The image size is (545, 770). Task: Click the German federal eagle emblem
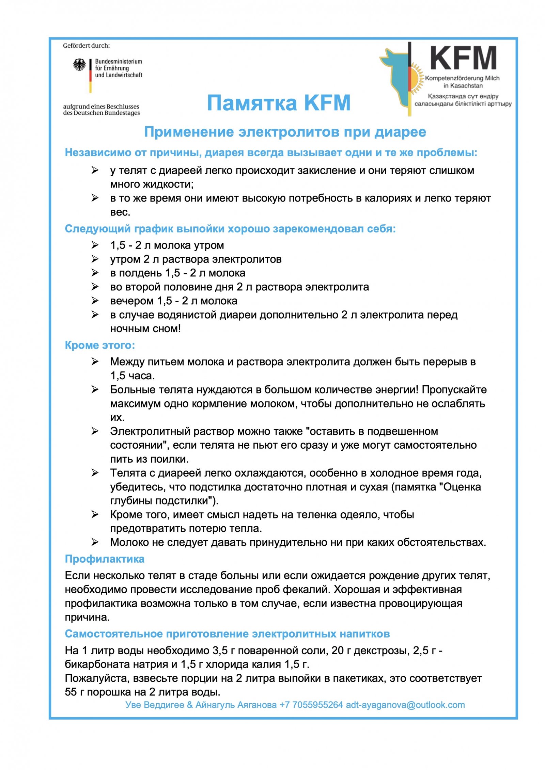pos(79,64)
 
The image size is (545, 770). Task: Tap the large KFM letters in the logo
pos(463,59)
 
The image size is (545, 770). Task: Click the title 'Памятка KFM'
pos(279,103)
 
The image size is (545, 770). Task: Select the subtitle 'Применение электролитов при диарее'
pos(285,132)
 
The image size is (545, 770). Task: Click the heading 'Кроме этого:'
pos(100,345)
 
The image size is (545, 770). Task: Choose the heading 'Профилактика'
pos(105,559)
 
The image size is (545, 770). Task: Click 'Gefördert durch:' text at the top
pos(86,46)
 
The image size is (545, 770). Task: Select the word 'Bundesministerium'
pos(118,62)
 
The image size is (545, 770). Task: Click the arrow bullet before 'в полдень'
pos(95,273)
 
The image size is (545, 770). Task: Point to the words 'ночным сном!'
pos(145,328)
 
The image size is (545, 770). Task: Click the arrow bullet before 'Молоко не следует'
pos(95,542)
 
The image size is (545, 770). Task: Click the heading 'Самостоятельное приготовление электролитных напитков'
pos(227,634)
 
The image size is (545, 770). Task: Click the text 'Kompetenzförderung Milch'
pos(462,78)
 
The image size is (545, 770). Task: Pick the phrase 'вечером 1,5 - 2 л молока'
pos(173,301)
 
